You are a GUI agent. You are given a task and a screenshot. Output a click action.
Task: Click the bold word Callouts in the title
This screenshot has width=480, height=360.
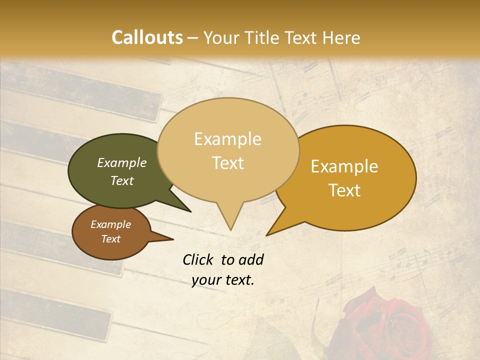(x=147, y=37)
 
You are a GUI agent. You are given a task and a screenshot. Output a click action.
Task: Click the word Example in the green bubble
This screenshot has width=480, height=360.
(x=122, y=162)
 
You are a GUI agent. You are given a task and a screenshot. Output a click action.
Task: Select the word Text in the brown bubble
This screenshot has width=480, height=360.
(x=111, y=239)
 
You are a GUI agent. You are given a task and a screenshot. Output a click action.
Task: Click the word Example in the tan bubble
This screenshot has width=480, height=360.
(x=228, y=139)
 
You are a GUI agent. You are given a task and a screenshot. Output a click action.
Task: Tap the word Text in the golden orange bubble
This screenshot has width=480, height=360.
(x=345, y=190)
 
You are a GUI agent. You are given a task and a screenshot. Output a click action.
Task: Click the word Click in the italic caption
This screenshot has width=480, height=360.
(x=198, y=259)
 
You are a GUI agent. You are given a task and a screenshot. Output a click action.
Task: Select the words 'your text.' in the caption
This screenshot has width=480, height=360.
(x=223, y=280)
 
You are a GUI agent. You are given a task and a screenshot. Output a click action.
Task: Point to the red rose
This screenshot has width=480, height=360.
(x=385, y=325)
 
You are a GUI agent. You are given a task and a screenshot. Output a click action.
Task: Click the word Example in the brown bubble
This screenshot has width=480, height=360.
(x=111, y=224)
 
